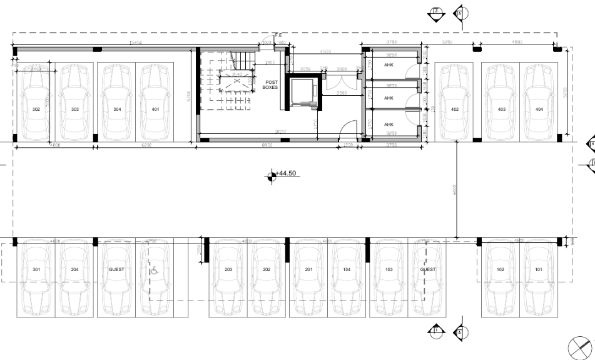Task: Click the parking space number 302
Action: point(36,109)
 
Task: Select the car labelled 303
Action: point(75,109)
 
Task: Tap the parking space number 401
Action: point(155,109)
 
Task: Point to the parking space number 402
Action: point(455,109)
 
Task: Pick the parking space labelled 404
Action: point(539,109)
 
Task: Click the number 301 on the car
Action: point(36,269)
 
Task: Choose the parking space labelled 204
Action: point(75,269)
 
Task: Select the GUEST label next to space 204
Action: point(116,269)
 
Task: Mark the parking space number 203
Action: point(228,269)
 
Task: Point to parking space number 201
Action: point(308,269)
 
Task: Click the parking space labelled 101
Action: point(539,269)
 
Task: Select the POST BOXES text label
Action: point(270,85)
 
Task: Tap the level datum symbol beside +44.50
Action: point(270,177)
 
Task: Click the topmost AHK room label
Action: point(389,71)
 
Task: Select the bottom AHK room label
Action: point(389,124)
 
